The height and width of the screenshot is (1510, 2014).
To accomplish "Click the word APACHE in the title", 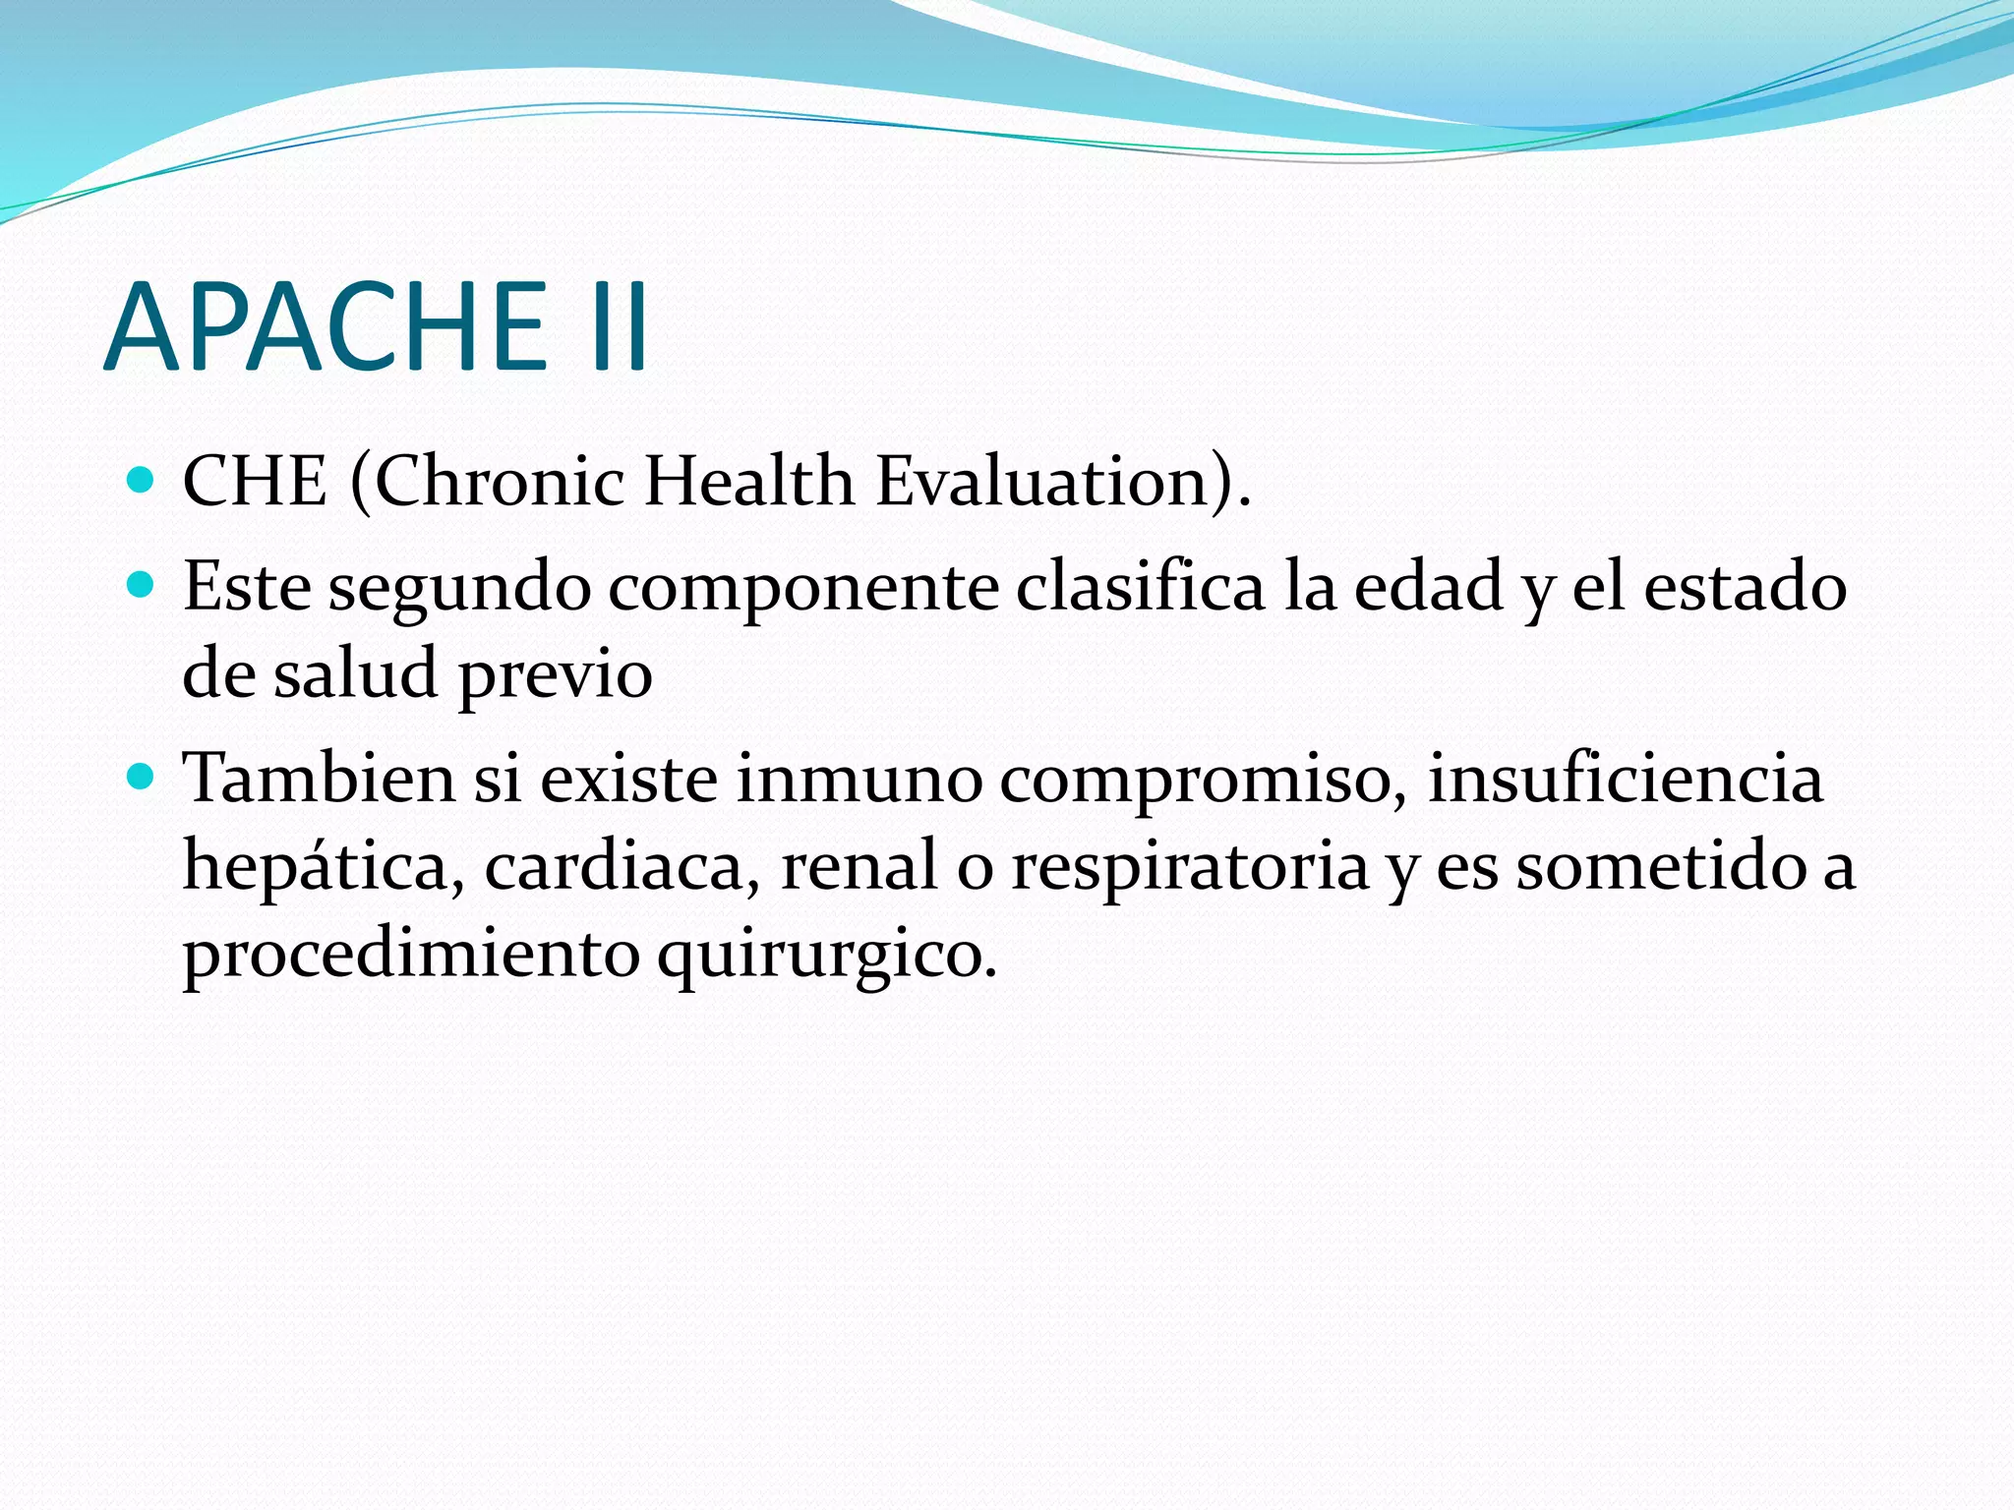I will (325, 326).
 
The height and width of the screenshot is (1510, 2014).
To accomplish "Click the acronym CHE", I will (255, 482).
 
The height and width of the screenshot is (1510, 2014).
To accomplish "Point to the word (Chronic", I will (487, 482).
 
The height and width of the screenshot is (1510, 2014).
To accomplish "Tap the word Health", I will (749, 482).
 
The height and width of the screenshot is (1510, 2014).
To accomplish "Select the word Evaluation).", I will (1063, 482).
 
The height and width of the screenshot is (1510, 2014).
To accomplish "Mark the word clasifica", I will (1140, 588).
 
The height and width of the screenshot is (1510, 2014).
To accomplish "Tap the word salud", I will (355, 674).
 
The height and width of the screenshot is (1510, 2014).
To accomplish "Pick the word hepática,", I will (324, 867).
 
